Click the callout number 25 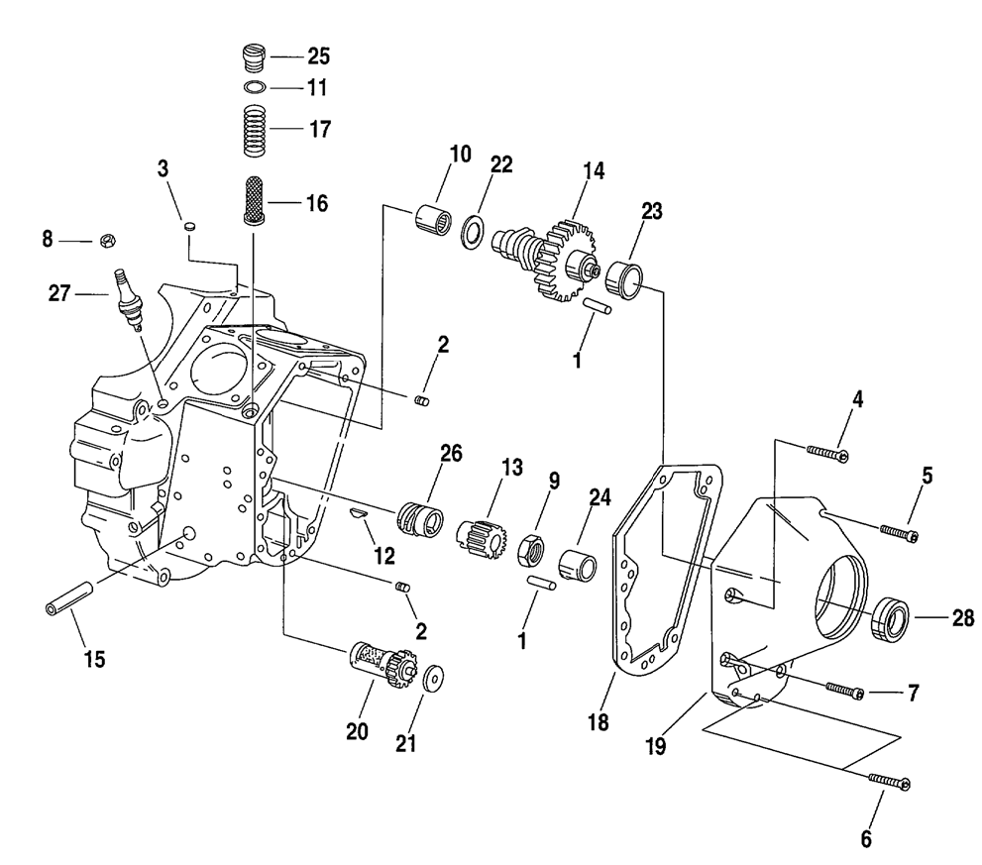coord(318,56)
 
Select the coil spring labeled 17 coord(256,130)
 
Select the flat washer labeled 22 coord(472,230)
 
